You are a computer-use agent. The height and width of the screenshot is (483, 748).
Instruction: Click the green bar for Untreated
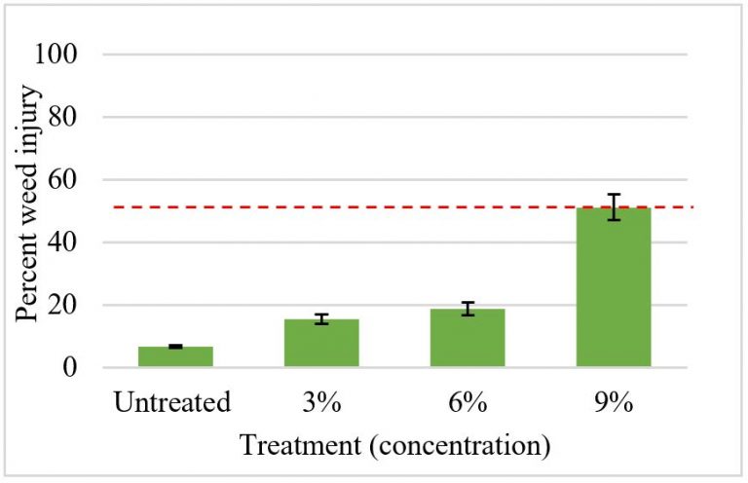click(x=175, y=356)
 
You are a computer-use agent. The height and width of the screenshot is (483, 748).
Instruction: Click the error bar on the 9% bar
click(x=614, y=206)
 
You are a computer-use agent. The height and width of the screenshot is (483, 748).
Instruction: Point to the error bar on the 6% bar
click(x=467, y=309)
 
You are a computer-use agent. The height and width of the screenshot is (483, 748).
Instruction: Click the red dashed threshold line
click(x=390, y=206)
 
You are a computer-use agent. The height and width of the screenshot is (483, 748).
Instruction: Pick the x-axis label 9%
click(x=614, y=401)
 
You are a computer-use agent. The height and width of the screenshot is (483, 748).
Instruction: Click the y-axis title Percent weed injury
click(x=28, y=210)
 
